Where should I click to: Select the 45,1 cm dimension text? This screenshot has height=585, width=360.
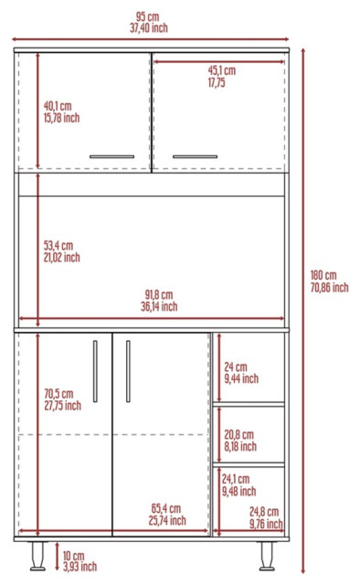(221, 69)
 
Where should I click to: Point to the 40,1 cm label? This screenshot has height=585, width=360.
(57, 104)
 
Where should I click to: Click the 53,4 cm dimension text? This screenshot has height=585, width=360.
(58, 245)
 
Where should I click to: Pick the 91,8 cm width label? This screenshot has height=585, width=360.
(158, 294)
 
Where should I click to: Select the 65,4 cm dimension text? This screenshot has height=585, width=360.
(165, 508)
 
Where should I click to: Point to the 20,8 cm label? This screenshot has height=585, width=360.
(238, 436)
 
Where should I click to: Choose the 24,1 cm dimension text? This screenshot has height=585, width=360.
(238, 479)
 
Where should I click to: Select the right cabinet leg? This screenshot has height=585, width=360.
(269, 554)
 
